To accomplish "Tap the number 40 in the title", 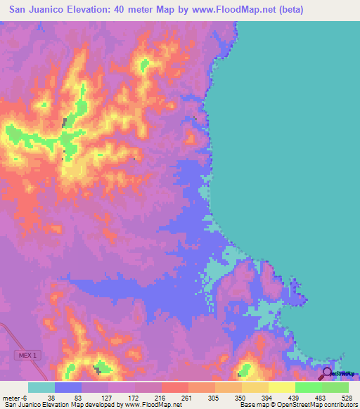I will (x=117, y=10).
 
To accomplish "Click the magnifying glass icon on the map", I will (x=327, y=372).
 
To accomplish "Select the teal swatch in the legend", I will (x=41, y=387).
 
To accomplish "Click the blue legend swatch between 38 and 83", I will (x=68, y=387).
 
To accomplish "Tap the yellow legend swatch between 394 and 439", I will (x=282, y=387).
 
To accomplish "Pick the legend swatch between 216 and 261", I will (x=175, y=387).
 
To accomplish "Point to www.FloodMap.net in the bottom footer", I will (x=150, y=405).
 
